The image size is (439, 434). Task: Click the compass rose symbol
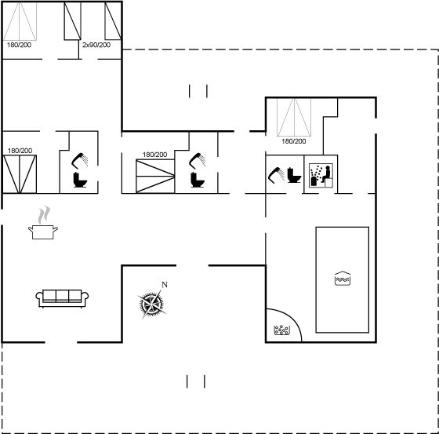tap(151, 304)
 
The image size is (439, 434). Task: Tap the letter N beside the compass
tap(165, 285)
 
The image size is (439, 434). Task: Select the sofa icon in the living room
tap(62, 298)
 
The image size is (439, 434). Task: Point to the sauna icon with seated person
tap(321, 176)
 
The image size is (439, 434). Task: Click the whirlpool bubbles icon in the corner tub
tap(281, 330)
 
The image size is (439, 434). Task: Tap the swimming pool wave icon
tap(343, 279)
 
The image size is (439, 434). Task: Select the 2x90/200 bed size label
tap(96, 45)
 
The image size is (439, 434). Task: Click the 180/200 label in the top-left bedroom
tap(19, 45)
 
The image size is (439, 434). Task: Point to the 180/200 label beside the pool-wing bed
tap(294, 141)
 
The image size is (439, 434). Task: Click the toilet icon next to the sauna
tap(294, 175)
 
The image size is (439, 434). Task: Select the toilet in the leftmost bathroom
tap(80, 180)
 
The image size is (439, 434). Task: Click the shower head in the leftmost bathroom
tap(80, 161)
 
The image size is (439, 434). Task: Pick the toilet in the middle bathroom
tap(198, 180)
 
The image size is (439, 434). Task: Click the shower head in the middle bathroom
tap(198, 161)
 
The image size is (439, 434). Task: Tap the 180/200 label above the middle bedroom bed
tap(154, 155)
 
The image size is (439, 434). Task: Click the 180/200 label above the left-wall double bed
tap(20, 151)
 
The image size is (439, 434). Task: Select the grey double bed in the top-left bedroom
tap(20, 21)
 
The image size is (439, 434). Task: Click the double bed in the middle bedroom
tap(155, 176)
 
